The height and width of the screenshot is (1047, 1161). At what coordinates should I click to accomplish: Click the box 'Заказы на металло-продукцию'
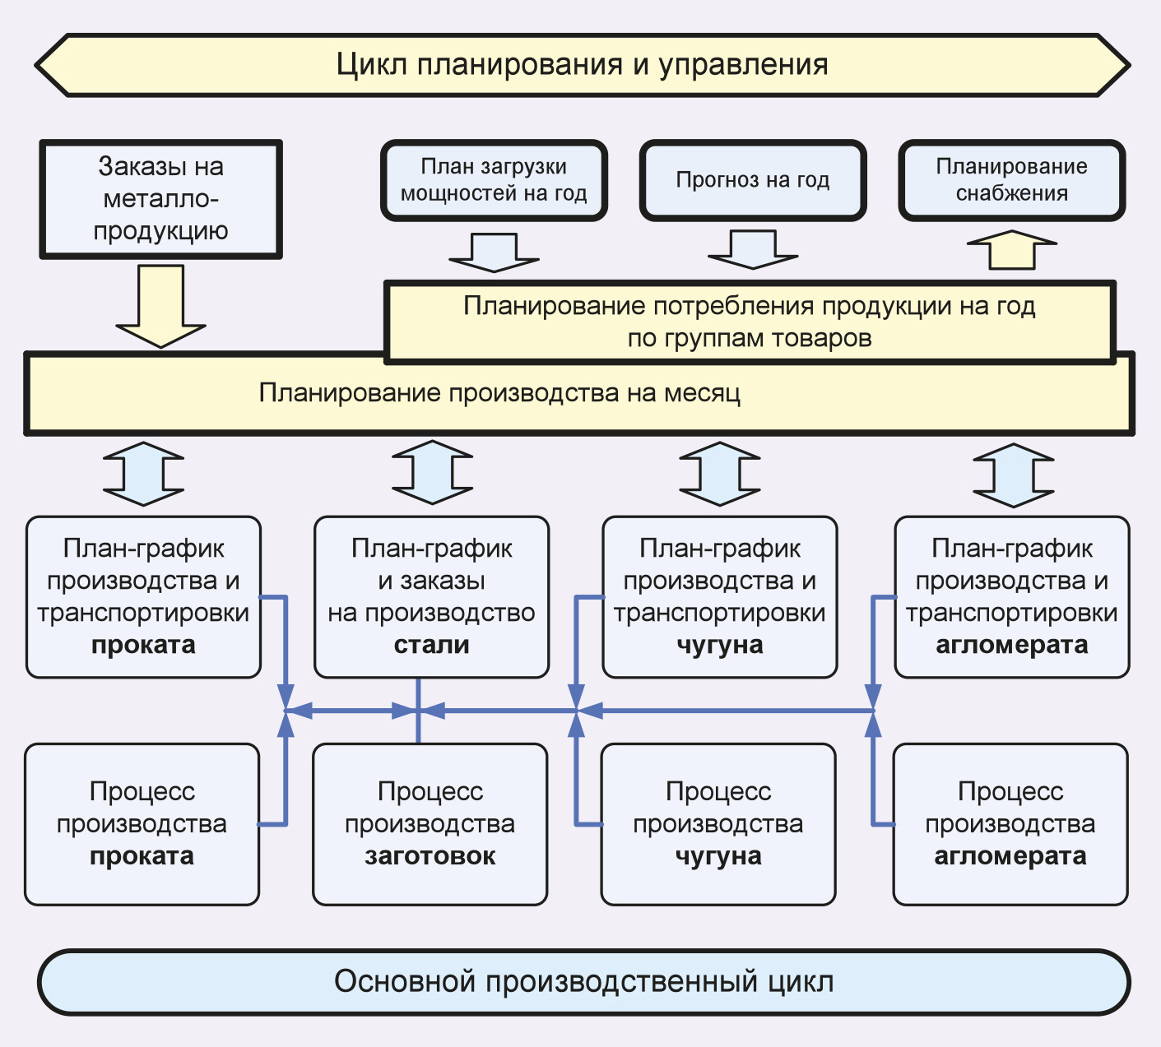[160, 199]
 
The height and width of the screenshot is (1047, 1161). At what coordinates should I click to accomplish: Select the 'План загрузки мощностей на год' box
[494, 180]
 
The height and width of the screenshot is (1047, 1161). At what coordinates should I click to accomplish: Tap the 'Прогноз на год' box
[753, 180]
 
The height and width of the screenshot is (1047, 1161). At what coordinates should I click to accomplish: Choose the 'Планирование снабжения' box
[1011, 180]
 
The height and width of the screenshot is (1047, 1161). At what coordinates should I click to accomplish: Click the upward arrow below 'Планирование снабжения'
[1011, 250]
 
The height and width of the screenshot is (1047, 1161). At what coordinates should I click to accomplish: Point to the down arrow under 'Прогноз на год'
[753, 250]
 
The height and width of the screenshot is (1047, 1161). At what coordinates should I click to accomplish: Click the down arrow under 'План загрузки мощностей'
[494, 252]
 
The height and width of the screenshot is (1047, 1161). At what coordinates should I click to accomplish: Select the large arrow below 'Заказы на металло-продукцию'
[160, 304]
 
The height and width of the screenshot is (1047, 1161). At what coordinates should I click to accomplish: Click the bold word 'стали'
[431, 645]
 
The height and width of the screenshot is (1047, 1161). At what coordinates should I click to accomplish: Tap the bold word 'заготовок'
[430, 856]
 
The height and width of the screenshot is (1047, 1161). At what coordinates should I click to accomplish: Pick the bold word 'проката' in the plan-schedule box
[143, 645]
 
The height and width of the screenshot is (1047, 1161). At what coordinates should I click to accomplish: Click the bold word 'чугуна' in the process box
[718, 856]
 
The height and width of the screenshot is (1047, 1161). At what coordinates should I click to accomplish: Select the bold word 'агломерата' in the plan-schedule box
[1011, 645]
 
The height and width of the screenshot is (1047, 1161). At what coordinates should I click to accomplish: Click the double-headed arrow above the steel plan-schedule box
[432, 473]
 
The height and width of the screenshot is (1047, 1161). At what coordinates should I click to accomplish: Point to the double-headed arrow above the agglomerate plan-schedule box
[1013, 475]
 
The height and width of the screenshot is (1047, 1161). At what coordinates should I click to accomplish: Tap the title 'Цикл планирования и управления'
[582, 64]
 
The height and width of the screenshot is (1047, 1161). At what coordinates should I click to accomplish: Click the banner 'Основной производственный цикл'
[583, 981]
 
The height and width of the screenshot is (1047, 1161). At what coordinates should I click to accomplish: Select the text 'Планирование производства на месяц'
[499, 393]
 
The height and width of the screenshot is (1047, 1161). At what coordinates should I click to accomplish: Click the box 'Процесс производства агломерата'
[1010, 824]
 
